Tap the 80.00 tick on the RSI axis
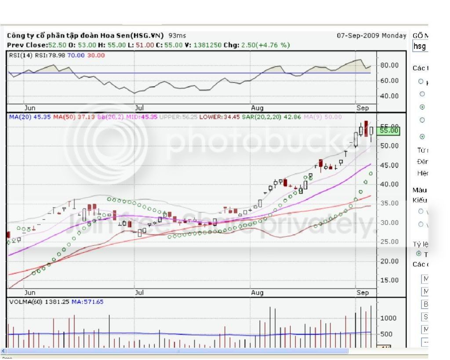click(390, 65)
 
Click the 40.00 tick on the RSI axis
click(390, 96)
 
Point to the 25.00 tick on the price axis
click(390, 242)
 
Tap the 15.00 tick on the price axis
click(390, 280)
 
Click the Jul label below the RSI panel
click(139, 107)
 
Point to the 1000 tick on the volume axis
click(389, 318)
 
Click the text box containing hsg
click(420, 46)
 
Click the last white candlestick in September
click(372, 131)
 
